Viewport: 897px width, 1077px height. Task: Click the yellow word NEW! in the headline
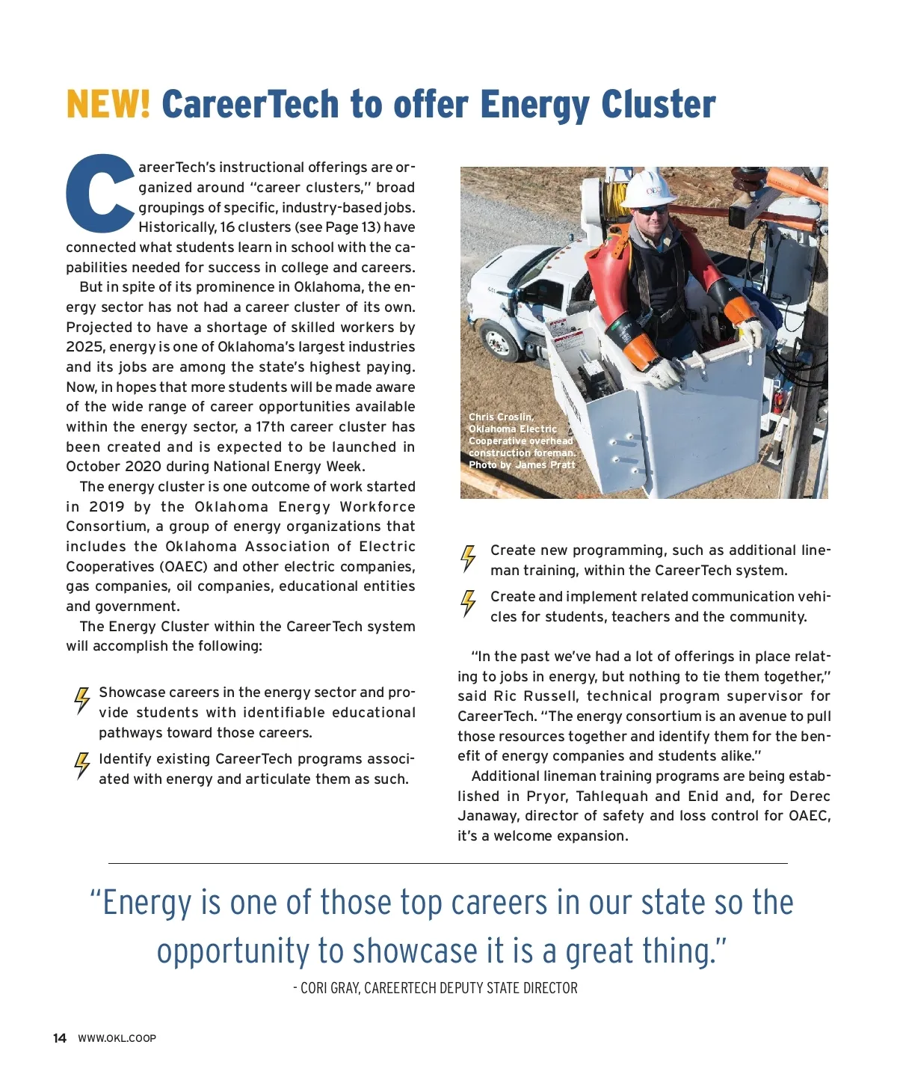tap(108, 104)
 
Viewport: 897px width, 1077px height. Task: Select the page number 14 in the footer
tap(60, 1038)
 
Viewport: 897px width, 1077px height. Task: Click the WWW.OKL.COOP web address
tap(117, 1038)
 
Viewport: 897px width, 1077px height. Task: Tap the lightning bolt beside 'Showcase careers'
tap(81, 701)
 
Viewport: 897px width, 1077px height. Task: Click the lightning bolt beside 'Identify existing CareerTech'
tap(81, 766)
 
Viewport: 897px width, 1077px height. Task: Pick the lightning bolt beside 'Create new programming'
tap(469, 558)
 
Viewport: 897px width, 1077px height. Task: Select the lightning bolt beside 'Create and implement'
tap(469, 603)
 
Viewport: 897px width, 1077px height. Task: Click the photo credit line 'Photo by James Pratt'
tap(522, 465)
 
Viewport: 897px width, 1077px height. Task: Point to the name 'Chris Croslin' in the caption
tap(501, 417)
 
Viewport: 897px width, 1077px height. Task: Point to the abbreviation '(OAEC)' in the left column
tap(183, 567)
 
